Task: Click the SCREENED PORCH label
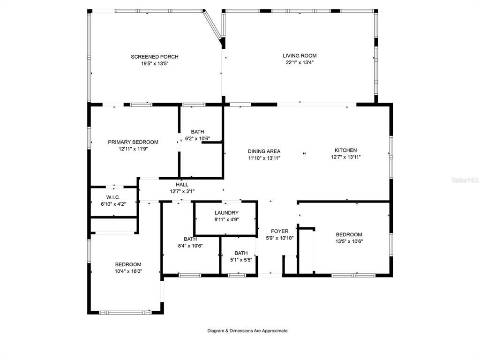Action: coord(155,57)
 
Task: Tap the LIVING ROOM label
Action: coord(300,56)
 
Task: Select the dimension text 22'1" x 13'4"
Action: coord(300,62)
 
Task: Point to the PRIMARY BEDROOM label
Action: coord(133,142)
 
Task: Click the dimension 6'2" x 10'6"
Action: coord(197,138)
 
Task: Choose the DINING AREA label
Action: coord(264,151)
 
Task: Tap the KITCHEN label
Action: coord(345,150)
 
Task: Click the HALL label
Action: coord(182,185)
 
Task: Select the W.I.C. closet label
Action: coord(113,197)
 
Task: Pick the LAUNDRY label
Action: coord(226,213)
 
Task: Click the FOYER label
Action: coord(279,232)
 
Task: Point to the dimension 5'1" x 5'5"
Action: coord(241,260)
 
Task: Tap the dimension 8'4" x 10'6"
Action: coord(190,246)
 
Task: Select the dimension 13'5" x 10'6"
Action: coord(349,241)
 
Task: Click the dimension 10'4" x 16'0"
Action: coord(128,271)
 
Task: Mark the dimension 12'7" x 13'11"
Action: coord(346,157)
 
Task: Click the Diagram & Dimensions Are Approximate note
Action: coord(247,330)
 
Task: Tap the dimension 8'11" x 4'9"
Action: coord(226,219)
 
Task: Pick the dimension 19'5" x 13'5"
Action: coord(155,64)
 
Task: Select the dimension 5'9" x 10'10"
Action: coord(279,238)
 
